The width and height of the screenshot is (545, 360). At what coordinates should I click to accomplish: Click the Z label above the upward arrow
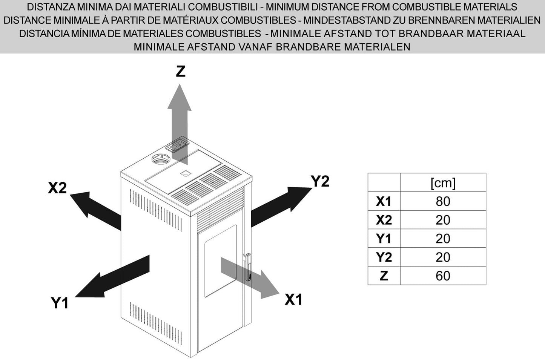point(181,71)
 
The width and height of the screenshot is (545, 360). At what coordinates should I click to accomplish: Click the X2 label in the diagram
point(57,188)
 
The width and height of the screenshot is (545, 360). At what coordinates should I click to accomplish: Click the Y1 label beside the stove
point(60,303)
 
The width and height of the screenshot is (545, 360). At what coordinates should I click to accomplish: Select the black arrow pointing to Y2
point(281,205)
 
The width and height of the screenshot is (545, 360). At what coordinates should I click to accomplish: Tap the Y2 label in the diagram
point(320,181)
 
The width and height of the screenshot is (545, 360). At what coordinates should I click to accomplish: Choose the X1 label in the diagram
point(293,300)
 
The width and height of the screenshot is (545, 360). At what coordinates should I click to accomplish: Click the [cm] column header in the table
point(443,183)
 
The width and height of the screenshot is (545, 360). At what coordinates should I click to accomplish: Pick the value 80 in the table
point(443,201)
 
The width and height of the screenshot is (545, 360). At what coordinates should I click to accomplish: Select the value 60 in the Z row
point(443,276)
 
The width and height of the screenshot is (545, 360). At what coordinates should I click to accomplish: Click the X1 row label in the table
point(384,201)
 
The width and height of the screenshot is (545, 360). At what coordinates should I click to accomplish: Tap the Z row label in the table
point(384,276)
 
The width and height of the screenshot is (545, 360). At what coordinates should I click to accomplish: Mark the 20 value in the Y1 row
point(443,239)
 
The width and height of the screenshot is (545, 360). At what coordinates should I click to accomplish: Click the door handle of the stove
point(248,268)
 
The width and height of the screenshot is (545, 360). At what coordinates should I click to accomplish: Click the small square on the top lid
point(185,173)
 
